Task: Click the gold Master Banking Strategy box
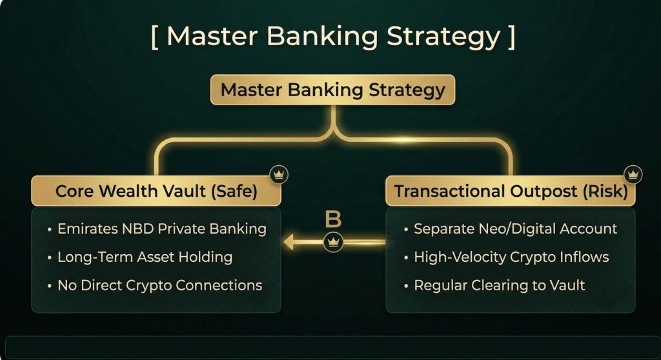click(x=332, y=90)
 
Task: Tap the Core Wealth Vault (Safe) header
click(x=156, y=191)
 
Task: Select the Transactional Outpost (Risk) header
click(x=511, y=191)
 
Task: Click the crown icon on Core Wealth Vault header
click(x=279, y=174)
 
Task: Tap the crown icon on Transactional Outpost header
click(x=633, y=174)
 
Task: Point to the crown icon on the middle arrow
click(x=333, y=242)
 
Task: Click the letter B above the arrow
click(x=333, y=219)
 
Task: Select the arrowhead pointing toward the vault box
click(x=289, y=243)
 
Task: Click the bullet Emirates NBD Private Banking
click(x=157, y=229)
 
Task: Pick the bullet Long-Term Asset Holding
click(x=140, y=257)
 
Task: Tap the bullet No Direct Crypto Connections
click(x=155, y=285)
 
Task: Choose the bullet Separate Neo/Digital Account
click(x=510, y=229)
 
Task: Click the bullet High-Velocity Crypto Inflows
click(x=506, y=257)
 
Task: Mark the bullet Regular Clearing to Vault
click(x=494, y=285)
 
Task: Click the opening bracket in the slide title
click(x=154, y=37)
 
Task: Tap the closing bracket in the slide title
click(x=512, y=37)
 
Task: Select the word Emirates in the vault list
click(x=88, y=229)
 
